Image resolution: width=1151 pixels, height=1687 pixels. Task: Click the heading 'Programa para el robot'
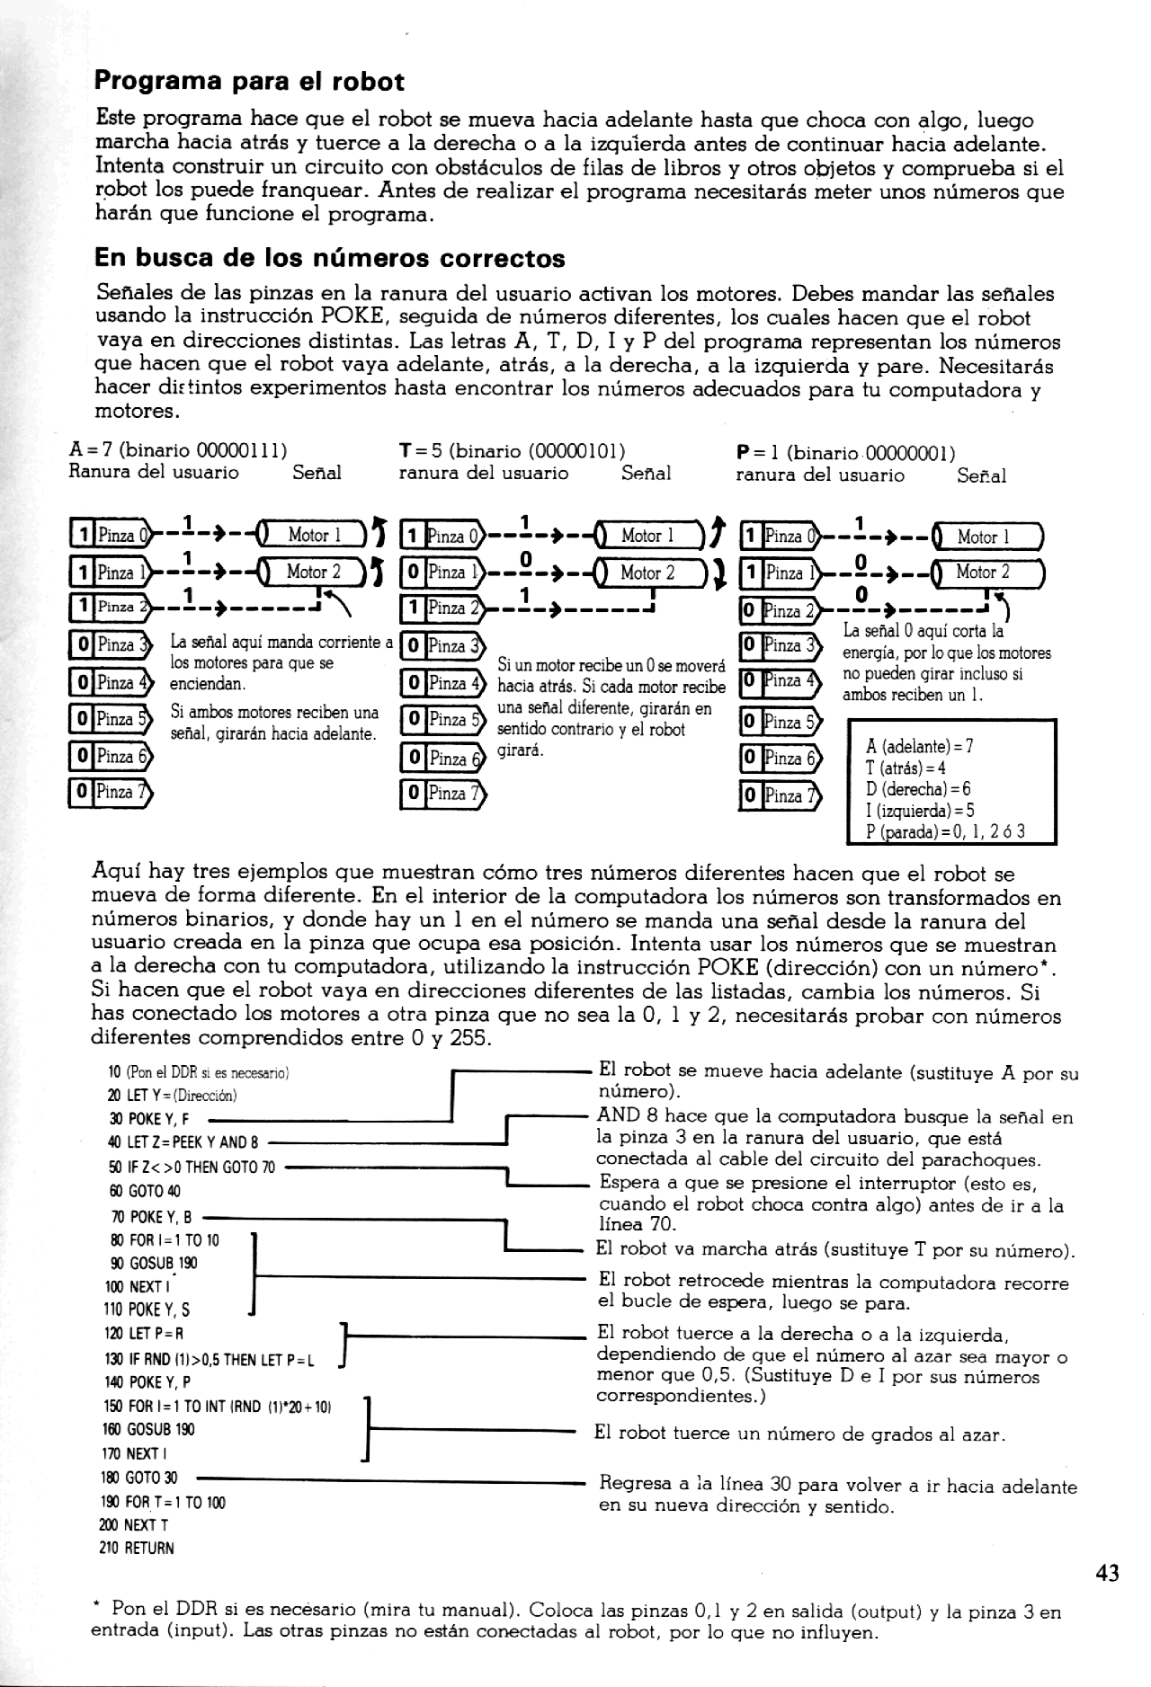[x=249, y=82]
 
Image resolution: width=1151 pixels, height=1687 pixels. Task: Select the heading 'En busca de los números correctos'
[x=329, y=259]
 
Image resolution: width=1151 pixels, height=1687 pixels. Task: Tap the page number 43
[x=1108, y=1573]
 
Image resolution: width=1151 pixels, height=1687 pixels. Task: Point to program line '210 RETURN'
[x=136, y=1549]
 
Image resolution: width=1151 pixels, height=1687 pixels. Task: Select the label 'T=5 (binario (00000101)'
[x=512, y=449]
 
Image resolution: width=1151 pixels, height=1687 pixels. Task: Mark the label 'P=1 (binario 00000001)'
[x=845, y=452]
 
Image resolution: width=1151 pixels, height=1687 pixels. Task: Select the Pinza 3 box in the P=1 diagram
[x=780, y=646]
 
